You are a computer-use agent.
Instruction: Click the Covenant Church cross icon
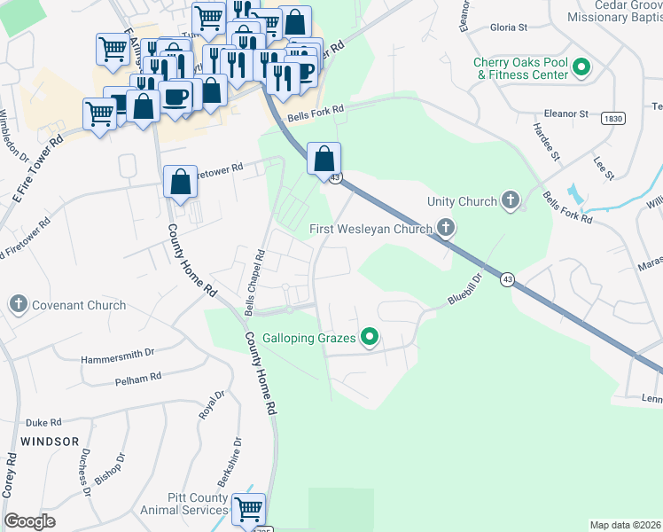point(18,305)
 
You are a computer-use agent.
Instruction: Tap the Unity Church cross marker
point(510,201)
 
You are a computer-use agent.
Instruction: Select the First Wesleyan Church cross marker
point(446,230)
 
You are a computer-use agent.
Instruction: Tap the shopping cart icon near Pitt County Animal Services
point(248,508)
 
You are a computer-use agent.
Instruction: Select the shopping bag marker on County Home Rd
point(181,183)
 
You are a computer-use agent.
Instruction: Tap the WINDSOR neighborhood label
point(50,441)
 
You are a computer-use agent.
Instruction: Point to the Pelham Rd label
point(137,378)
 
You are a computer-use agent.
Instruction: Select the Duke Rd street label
point(43,423)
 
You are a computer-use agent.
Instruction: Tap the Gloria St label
point(510,27)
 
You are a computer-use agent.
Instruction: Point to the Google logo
point(29,521)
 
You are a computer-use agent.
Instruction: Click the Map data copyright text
point(625,525)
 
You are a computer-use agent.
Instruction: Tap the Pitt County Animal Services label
point(184,504)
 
